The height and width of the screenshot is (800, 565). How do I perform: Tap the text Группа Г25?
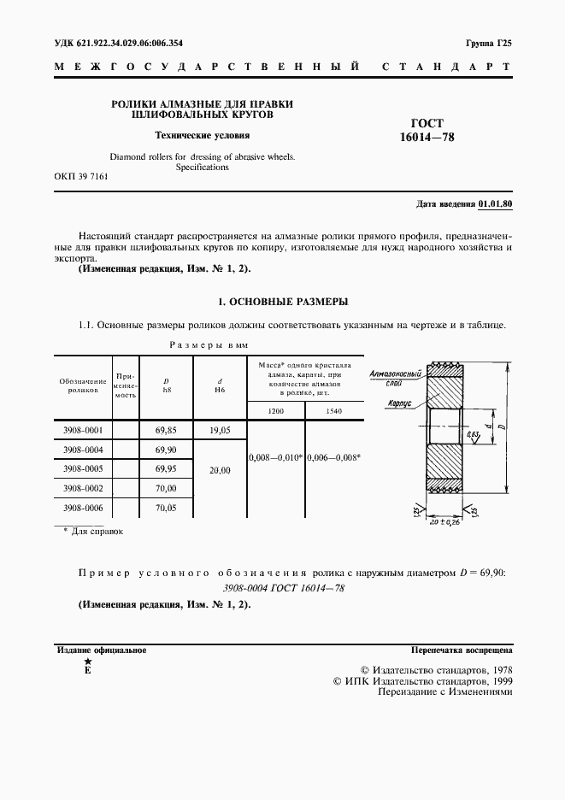point(488,42)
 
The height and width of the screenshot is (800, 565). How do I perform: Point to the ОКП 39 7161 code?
point(81,176)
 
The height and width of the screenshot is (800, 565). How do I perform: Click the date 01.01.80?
point(495,204)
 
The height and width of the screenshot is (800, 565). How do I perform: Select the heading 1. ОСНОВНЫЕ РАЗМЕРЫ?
point(283,302)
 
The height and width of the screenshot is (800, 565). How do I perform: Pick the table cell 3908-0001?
point(83,431)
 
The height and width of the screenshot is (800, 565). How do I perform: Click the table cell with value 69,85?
point(166,431)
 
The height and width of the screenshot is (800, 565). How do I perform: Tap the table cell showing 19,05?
point(219,431)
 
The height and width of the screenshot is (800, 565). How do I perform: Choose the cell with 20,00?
point(219,469)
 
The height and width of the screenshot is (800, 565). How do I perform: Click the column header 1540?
point(333,412)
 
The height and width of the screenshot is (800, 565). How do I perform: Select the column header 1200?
point(275,412)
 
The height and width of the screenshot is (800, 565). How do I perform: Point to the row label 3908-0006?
point(83,507)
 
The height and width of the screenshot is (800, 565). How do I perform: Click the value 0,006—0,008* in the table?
point(333,458)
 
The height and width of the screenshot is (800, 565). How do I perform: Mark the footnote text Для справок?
point(97,532)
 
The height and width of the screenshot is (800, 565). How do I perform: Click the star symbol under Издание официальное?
point(86,662)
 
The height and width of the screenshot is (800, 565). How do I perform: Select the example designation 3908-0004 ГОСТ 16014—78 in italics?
point(283,588)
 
